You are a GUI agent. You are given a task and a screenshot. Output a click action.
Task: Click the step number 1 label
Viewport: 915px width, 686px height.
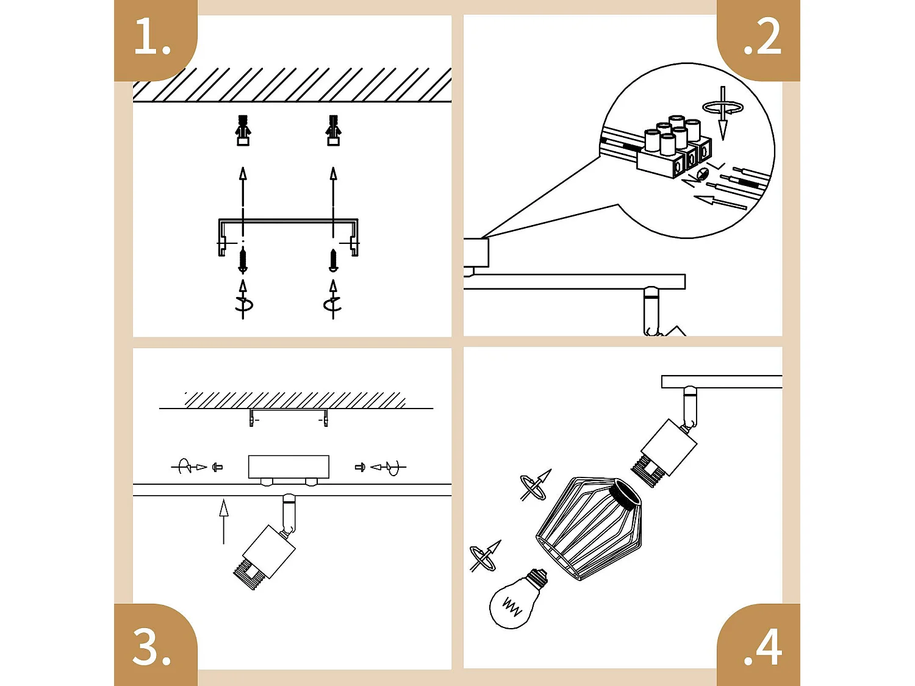(152, 37)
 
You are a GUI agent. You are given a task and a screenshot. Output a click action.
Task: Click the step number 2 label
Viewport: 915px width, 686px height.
(762, 37)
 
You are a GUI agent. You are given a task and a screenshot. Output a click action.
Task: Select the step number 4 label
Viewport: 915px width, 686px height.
(762, 648)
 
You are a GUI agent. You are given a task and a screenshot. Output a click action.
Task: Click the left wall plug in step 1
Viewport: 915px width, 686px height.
(243, 130)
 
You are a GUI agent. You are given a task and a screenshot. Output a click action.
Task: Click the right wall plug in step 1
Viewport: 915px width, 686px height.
(333, 130)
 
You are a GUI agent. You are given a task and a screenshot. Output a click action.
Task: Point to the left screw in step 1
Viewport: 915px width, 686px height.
(243, 260)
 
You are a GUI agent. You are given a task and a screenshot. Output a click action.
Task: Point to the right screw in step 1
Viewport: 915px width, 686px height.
(333, 260)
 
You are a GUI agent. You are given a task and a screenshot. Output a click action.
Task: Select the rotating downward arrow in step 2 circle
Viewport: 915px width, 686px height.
(723, 113)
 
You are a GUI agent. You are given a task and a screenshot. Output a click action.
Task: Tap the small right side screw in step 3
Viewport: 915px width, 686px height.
(360, 467)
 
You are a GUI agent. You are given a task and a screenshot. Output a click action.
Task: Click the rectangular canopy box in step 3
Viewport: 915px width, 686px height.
(289, 466)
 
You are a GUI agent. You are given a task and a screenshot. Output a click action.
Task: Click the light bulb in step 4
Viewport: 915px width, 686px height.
(516, 601)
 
